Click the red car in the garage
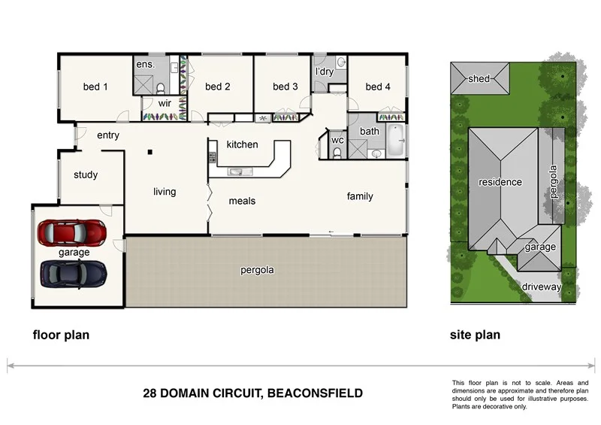[x=71, y=232]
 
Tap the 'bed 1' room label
[x=95, y=87]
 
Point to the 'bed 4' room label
[x=378, y=87]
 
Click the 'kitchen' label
[x=242, y=144]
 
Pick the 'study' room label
[x=86, y=175]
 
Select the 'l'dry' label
[x=325, y=72]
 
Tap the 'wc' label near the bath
[x=337, y=140]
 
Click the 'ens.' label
[x=145, y=65]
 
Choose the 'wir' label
[x=165, y=104]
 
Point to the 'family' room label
[x=360, y=196]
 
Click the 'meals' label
[x=242, y=201]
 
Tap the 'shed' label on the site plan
[x=479, y=78]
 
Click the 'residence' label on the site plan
[x=500, y=182]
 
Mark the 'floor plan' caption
[x=60, y=335]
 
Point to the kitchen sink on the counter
[x=236, y=172]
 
